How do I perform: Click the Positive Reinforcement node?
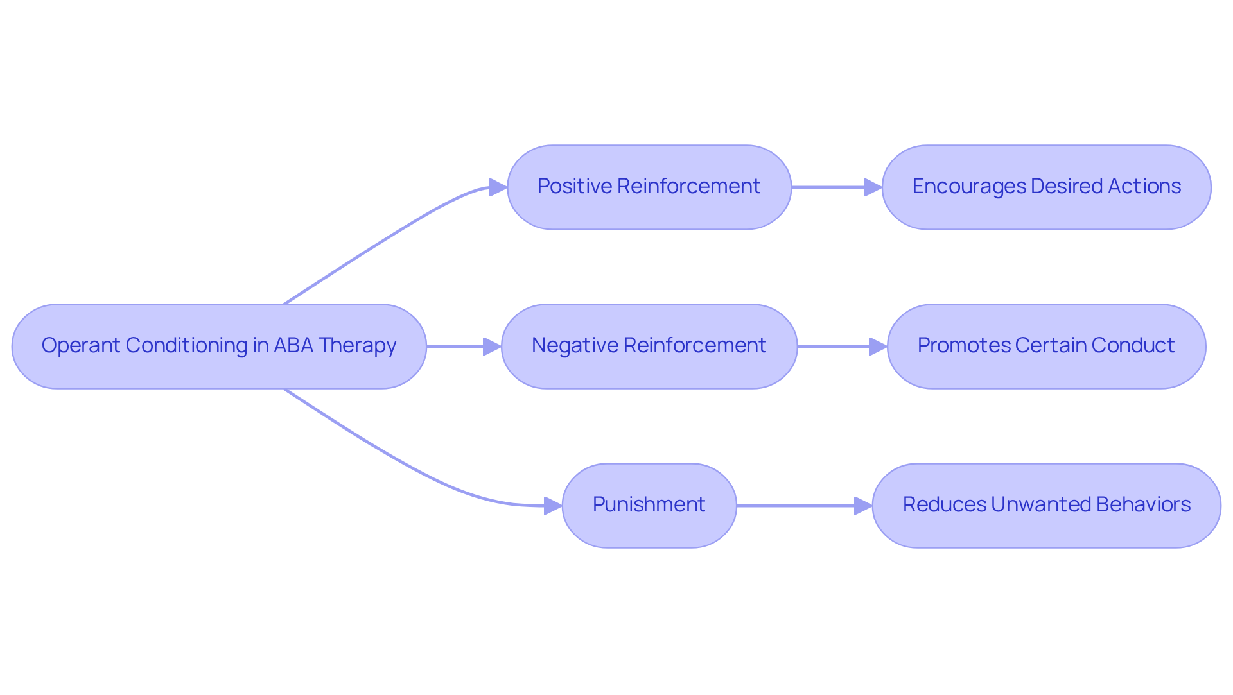coord(649,187)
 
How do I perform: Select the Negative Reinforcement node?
coord(649,346)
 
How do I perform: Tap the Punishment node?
coord(649,505)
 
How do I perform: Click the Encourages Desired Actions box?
coord(1046,187)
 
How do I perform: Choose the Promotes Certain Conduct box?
coord(1046,346)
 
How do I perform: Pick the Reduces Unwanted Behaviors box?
coord(1046,505)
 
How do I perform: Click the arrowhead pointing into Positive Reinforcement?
coord(498,187)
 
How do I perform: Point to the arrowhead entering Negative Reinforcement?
coord(492,347)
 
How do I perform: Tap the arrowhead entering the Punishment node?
coord(553,506)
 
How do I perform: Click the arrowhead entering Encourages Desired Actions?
coord(873,187)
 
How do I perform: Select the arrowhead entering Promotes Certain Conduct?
coord(878,347)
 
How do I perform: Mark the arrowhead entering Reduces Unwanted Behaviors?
coord(863,506)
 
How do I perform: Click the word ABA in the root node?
coord(293,345)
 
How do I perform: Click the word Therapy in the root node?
coord(357,346)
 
